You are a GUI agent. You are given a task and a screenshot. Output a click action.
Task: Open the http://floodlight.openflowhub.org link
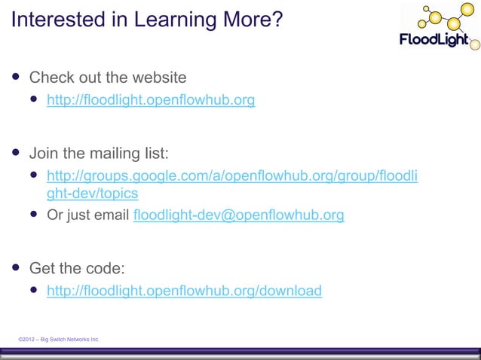[x=151, y=99]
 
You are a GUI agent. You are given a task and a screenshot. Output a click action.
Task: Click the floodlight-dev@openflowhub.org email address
[x=238, y=215]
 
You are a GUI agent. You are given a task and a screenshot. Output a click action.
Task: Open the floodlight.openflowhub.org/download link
[x=184, y=291]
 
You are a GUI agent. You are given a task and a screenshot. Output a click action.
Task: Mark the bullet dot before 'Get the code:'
[x=15, y=267]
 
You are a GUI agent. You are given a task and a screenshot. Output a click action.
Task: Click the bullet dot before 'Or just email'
[x=34, y=215]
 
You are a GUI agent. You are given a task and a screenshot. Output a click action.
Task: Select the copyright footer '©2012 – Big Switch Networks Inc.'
[x=59, y=340]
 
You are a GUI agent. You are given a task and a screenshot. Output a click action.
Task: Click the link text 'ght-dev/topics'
[x=93, y=193]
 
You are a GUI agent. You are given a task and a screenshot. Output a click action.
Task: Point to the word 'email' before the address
[x=112, y=215]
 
